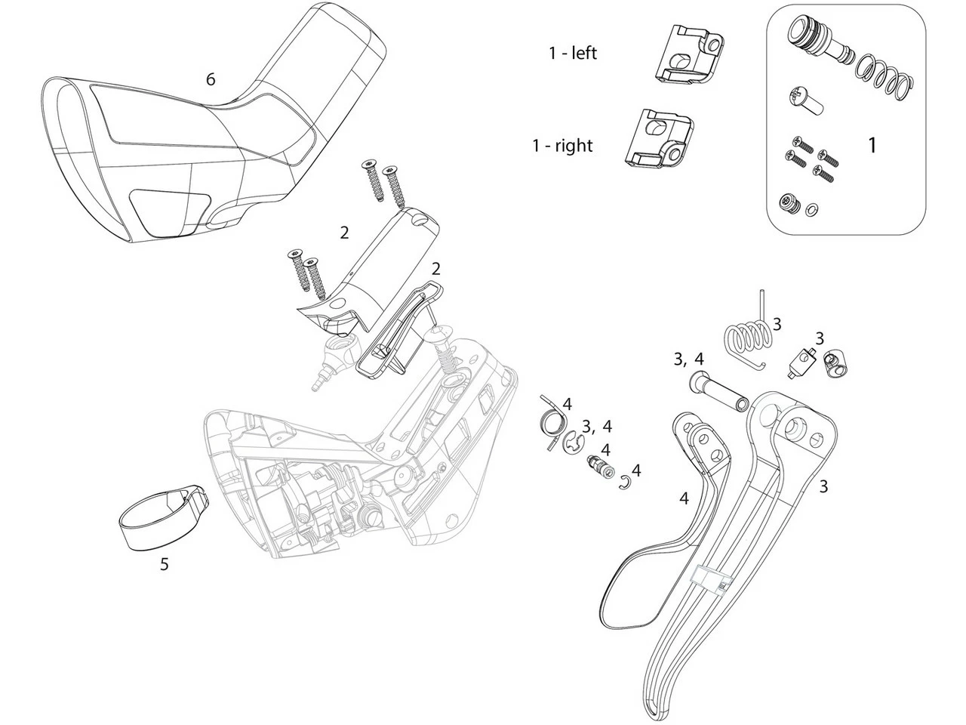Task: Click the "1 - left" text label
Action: tap(573, 53)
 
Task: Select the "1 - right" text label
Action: tap(562, 145)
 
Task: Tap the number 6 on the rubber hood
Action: tap(211, 79)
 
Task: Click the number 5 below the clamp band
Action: tap(165, 564)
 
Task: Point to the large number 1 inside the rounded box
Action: tap(872, 145)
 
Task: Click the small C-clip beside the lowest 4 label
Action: tap(626, 483)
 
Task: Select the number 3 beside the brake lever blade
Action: tap(823, 487)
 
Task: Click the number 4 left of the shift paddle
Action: tap(685, 498)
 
